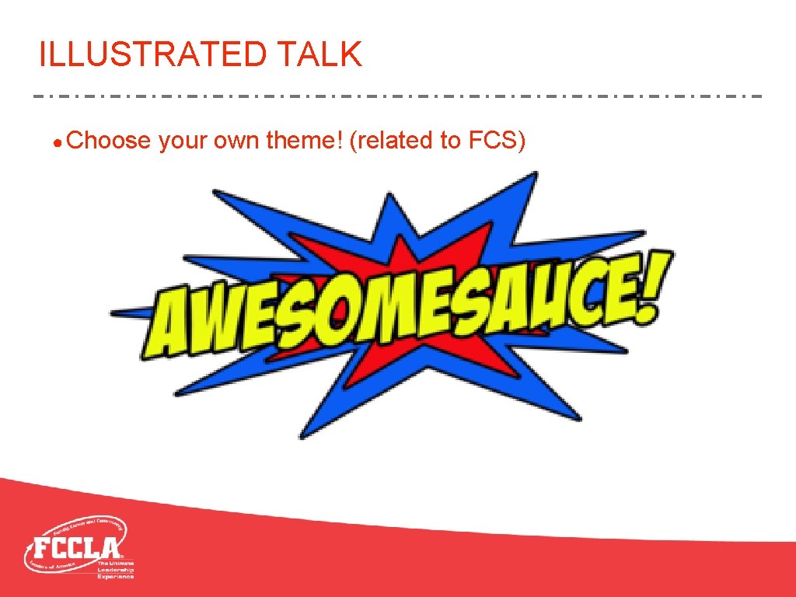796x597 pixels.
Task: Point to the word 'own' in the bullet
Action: (236, 141)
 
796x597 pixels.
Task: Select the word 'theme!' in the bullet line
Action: (304, 141)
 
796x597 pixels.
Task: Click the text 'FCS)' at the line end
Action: (497, 141)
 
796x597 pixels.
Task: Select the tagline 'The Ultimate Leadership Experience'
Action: (115, 569)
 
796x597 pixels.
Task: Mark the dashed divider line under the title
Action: (398, 96)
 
